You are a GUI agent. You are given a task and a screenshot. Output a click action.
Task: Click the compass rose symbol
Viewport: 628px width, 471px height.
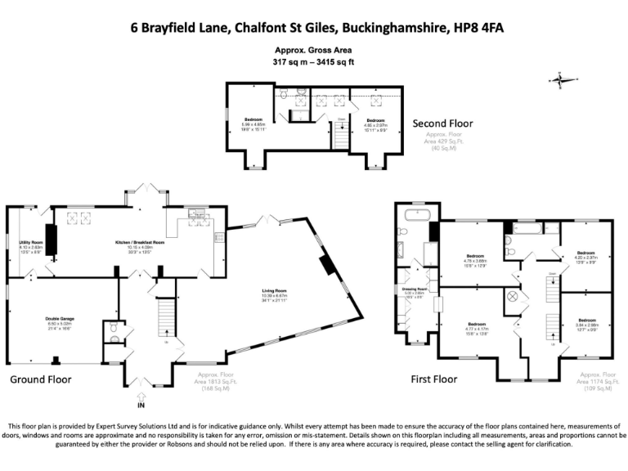(559, 80)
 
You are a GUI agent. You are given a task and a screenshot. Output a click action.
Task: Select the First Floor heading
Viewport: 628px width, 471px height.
(433, 379)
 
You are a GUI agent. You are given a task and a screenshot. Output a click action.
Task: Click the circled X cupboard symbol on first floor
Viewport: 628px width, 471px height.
(513, 296)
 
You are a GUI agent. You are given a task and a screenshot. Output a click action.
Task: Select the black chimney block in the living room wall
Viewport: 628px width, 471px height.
(325, 265)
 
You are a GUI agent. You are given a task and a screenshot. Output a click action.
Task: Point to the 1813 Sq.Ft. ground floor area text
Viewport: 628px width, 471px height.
(214, 381)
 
